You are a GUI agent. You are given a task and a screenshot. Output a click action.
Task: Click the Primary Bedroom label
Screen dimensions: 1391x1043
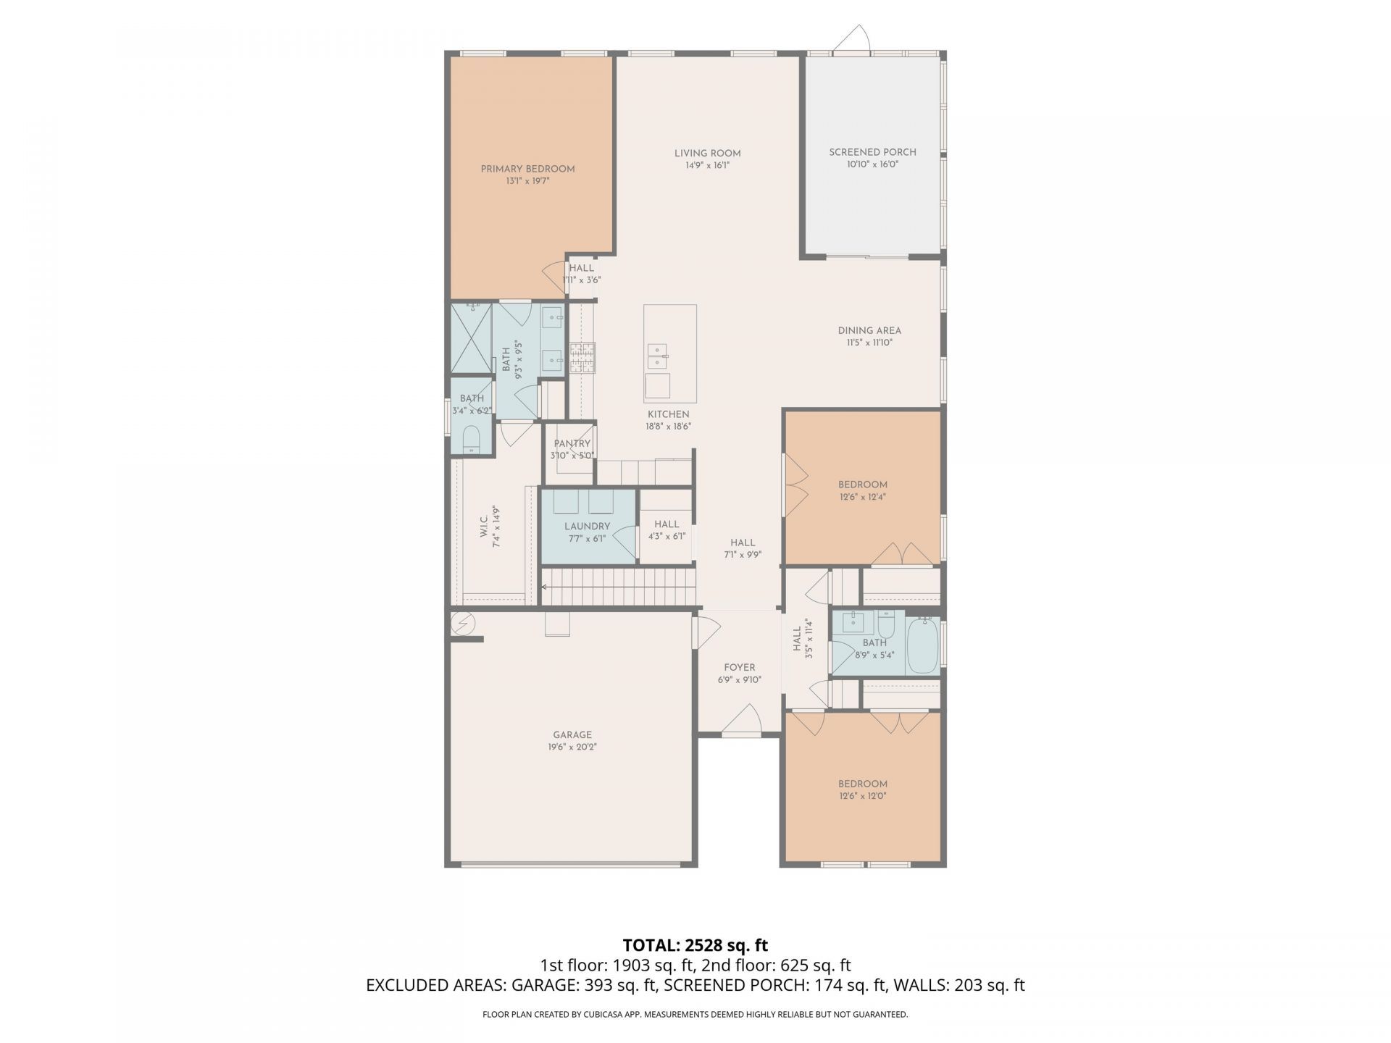[527, 169]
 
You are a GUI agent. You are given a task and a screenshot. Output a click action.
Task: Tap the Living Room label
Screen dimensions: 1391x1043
[707, 153]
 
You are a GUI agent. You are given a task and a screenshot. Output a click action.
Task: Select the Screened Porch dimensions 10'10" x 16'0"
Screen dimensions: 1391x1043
[872, 164]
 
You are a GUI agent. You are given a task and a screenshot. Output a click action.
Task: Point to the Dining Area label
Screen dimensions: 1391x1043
[869, 330]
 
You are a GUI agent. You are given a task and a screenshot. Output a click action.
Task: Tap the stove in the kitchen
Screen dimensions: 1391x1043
[582, 357]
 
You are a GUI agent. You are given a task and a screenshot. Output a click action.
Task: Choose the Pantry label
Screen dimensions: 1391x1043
[572, 443]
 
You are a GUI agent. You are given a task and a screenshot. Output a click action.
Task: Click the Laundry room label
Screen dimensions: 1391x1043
[588, 526]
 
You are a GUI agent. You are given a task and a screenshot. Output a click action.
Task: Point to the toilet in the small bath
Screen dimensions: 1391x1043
[472, 439]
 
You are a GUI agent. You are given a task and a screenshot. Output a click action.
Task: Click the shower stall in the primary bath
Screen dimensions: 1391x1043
[471, 338]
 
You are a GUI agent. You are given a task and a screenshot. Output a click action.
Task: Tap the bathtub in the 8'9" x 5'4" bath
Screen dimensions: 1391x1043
[923, 645]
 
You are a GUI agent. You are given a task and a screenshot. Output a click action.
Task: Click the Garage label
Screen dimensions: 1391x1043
[572, 734]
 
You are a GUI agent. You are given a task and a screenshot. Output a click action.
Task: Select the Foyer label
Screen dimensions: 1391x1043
[739, 667]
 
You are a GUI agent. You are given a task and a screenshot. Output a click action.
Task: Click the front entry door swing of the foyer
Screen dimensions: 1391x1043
[741, 721]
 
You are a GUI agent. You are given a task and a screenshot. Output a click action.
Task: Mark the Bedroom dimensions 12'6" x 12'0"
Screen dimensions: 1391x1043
[863, 796]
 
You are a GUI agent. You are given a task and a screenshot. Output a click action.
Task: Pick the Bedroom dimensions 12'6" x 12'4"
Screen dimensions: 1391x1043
[863, 497]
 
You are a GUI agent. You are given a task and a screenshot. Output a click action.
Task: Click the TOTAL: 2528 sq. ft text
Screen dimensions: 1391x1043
[695, 945]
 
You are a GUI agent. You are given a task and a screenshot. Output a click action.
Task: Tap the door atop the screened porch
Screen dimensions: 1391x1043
[852, 39]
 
